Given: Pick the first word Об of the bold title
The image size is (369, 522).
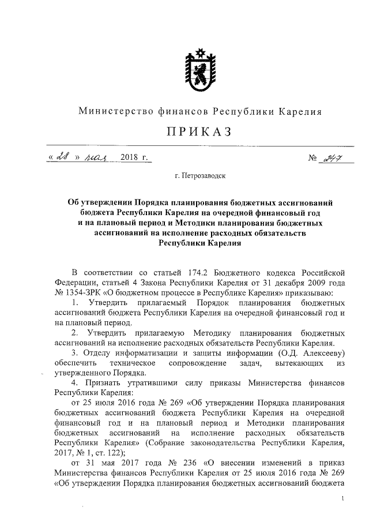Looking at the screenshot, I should coord(73,202).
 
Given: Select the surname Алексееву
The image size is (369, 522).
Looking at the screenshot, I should coord(321,352).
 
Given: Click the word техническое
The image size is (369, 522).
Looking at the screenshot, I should coord(132,362).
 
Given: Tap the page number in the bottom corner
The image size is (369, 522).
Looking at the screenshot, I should coord(343,499).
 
